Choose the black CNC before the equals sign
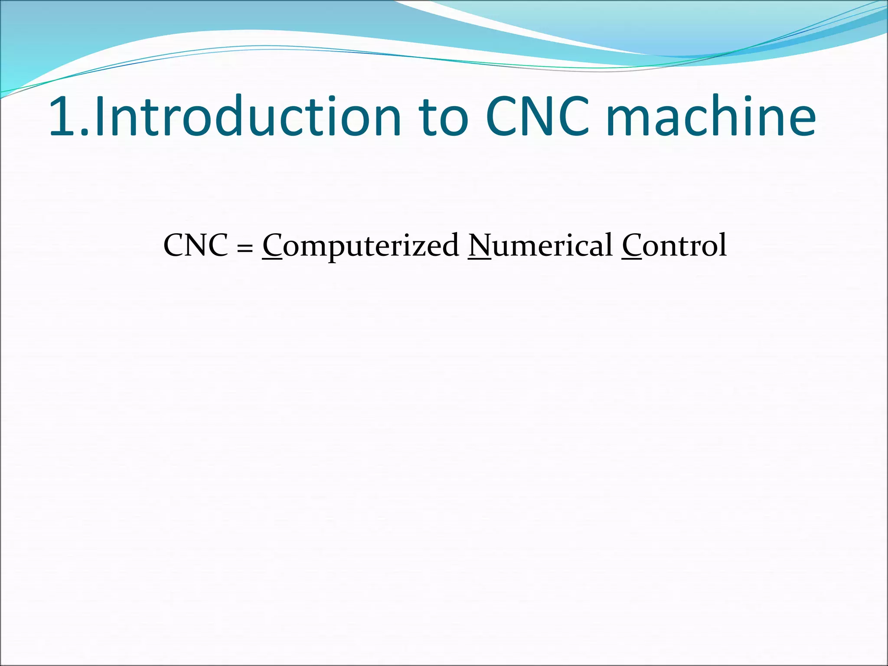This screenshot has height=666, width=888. [x=196, y=245]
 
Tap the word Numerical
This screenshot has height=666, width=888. [x=540, y=245]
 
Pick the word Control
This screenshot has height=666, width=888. [x=674, y=245]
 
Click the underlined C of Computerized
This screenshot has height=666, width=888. [x=272, y=245]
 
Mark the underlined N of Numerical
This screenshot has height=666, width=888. [x=480, y=245]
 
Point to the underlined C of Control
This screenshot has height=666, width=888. [x=632, y=245]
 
